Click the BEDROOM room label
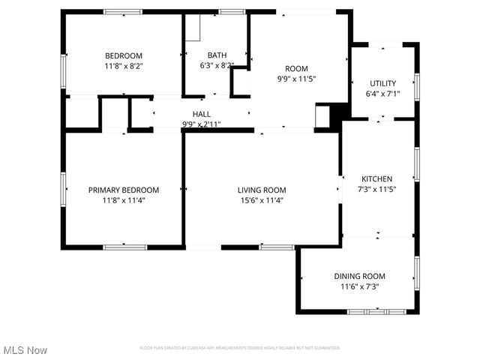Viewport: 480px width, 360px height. coord(124,55)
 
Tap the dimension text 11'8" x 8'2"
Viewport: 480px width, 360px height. coord(124,66)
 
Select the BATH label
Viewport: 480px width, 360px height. coord(217,55)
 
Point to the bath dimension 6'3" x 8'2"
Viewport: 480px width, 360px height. coord(217,65)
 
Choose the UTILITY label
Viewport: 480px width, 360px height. coord(381,83)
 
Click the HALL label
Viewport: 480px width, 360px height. coord(201,114)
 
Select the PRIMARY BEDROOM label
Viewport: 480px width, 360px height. coord(124,190)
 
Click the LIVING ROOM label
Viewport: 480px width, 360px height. coord(262,190)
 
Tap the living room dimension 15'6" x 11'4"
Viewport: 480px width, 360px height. coord(262,200)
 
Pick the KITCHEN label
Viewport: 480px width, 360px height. coord(377,178)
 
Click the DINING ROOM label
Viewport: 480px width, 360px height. coord(359,276)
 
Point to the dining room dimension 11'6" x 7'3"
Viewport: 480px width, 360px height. coord(359,286)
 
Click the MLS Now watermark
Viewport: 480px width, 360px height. coord(25,350)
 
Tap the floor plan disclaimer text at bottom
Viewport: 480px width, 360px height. coord(240,348)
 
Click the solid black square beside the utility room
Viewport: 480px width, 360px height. coord(341,111)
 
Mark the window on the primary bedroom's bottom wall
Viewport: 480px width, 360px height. coord(124,247)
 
